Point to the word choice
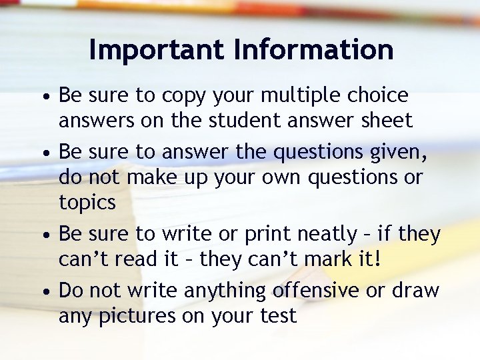pyautogui.click(x=379, y=96)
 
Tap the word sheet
pyautogui.click(x=386, y=121)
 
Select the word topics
pyautogui.click(x=87, y=203)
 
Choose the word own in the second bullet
pyautogui.click(x=275, y=178)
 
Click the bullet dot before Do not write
pyautogui.click(x=44, y=292)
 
